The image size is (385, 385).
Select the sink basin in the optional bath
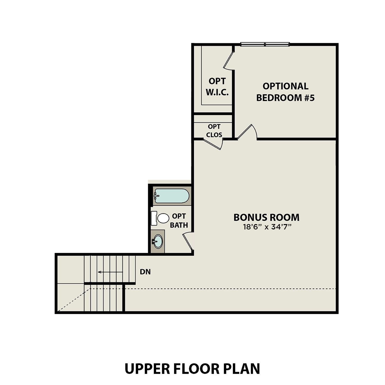pos(158,242)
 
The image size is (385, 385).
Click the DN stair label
pos(145,272)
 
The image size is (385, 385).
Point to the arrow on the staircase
pos(110,272)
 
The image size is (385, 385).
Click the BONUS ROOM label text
pos(266,217)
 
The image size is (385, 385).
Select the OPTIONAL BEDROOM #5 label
pos(285,92)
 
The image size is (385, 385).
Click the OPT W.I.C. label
pos(217,87)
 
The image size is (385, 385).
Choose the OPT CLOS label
pos(214,131)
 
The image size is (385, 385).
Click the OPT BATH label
pos(179,220)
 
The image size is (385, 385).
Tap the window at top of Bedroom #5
pos(265,44)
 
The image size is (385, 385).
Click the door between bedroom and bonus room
pos(247,132)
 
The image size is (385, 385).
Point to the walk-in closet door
pos(229,61)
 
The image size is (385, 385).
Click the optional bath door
pos(188,241)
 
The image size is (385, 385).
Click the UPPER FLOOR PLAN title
pos(192,369)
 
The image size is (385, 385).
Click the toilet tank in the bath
pos(154,218)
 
